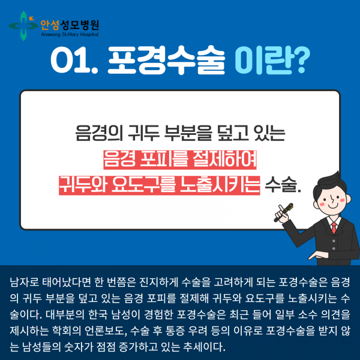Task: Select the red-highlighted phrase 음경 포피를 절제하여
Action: pyautogui.click(x=180, y=157)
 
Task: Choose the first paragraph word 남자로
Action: pyautogui.click(x=25, y=281)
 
